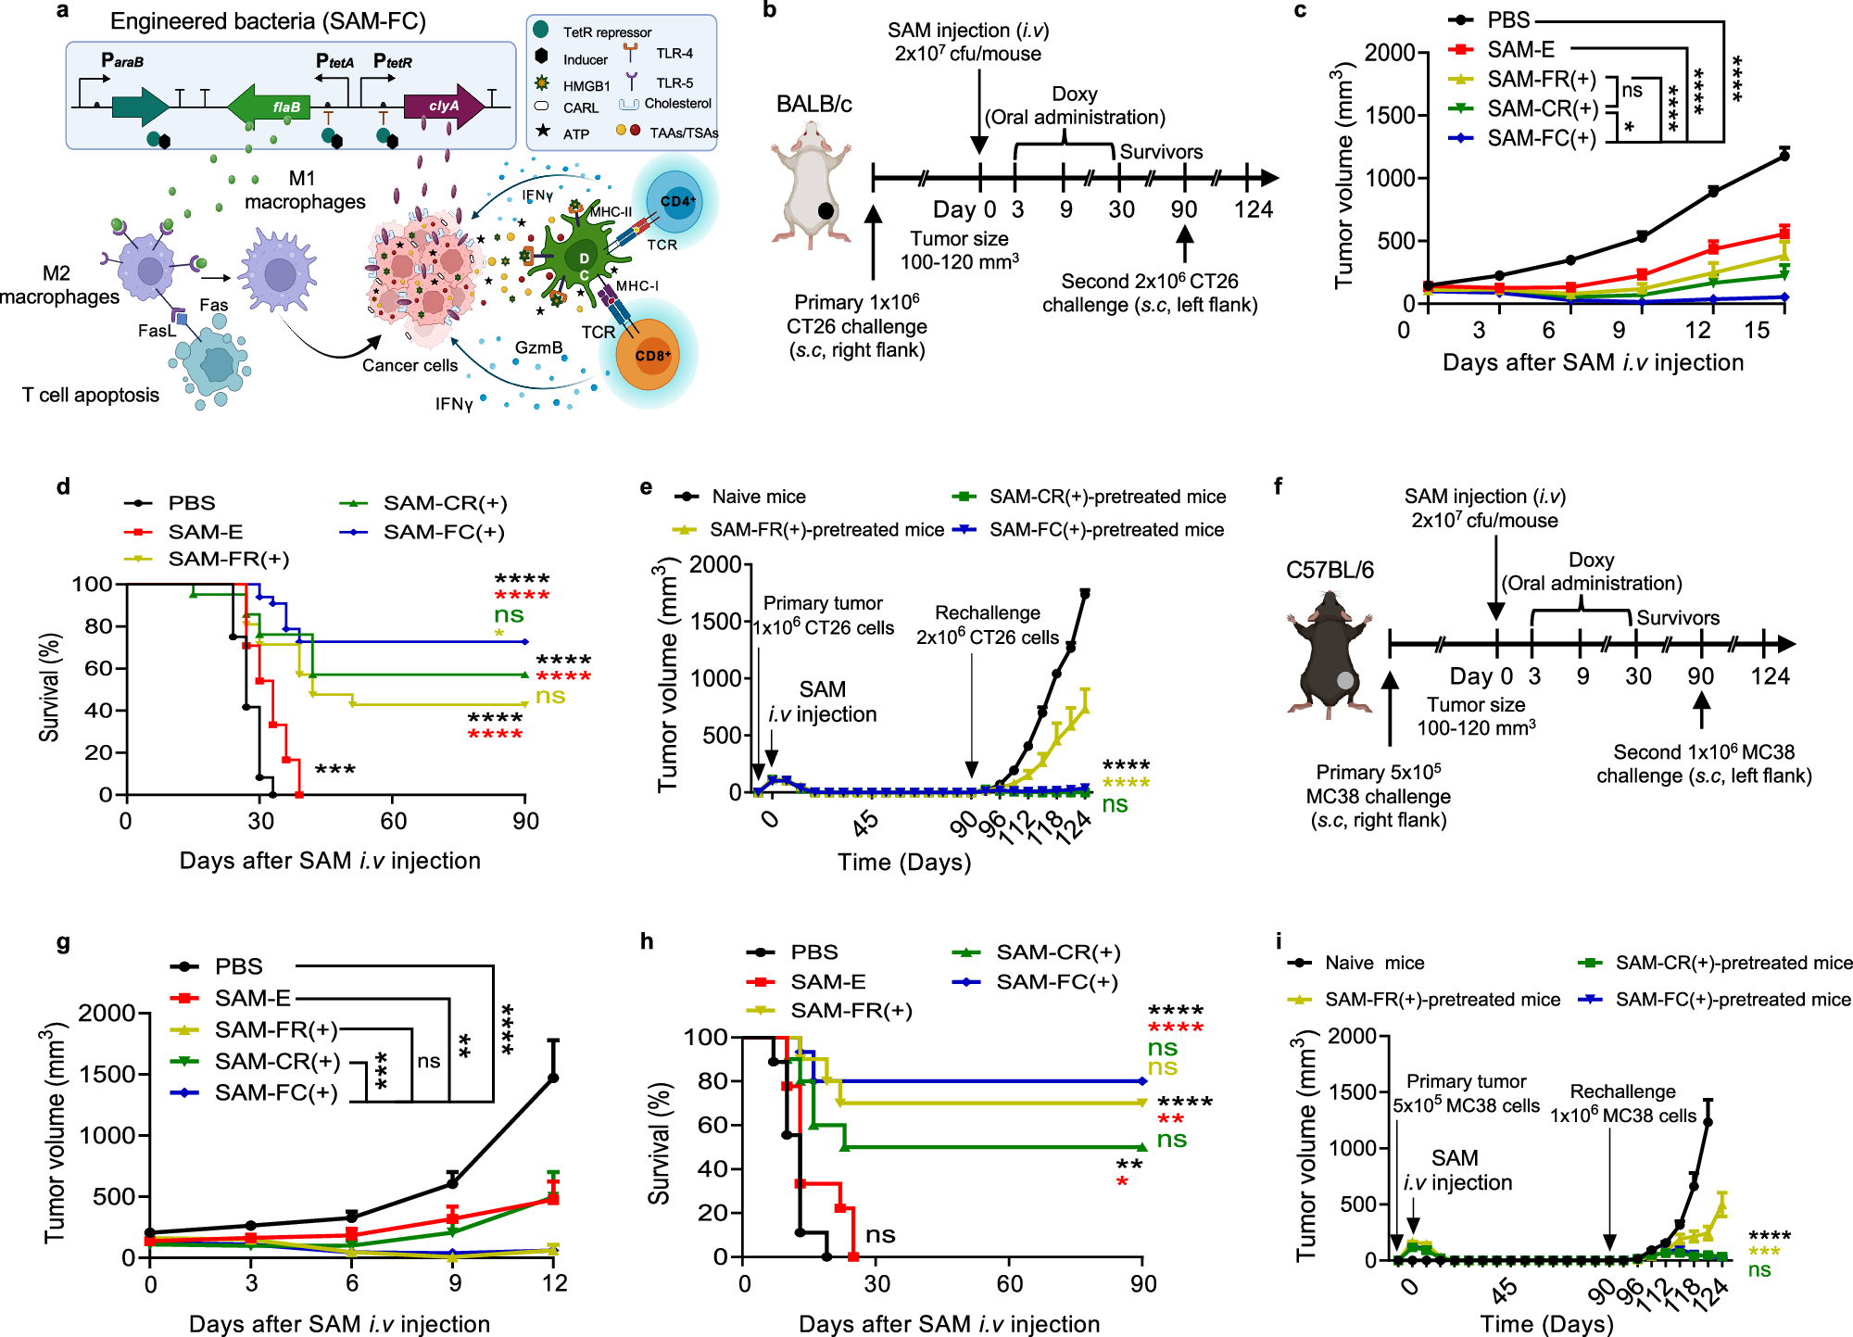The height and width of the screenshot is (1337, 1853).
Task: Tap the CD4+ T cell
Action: point(677,201)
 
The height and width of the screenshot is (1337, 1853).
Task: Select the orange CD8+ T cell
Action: point(652,356)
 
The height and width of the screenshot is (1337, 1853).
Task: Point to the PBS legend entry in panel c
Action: point(1507,19)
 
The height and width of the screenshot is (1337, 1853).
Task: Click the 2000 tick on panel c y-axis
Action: point(1389,53)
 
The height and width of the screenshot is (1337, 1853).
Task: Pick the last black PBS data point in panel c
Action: point(1784,156)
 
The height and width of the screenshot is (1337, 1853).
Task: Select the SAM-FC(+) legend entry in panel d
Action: point(443,532)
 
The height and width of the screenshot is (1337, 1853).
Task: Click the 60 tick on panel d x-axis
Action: point(393,821)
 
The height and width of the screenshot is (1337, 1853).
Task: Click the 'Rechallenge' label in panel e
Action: point(987,613)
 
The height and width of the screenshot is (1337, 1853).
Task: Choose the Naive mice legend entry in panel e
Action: point(758,497)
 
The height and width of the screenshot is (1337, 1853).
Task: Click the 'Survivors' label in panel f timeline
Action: point(1678,618)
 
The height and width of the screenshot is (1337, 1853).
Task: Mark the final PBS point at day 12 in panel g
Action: point(553,1078)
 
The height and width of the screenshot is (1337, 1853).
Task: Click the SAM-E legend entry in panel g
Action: point(252,998)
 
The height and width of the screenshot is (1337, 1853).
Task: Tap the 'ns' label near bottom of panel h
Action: point(879,1235)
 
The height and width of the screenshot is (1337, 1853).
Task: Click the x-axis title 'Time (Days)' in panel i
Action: point(1546,1323)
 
